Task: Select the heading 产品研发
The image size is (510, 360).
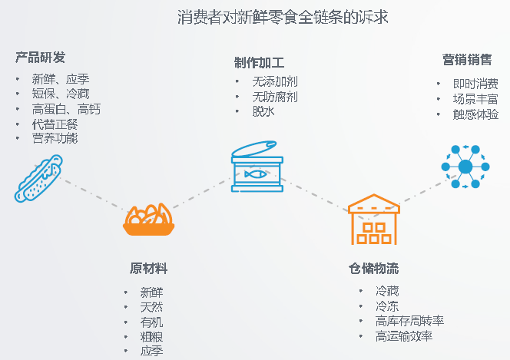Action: click(40, 58)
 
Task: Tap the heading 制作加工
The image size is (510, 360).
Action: click(259, 63)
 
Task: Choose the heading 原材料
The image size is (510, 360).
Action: click(148, 269)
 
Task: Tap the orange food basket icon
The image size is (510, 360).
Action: click(148, 220)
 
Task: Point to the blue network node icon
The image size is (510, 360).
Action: click(465, 167)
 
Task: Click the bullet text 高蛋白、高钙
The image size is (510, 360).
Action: click(66, 109)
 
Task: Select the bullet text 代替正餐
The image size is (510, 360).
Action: click(55, 124)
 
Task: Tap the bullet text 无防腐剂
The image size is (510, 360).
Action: click(275, 97)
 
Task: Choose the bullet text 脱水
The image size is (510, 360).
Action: click(263, 111)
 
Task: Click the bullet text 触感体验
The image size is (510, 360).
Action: click(475, 114)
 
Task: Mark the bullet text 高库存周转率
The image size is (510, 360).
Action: click(409, 321)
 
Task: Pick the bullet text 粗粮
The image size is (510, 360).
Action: click(151, 336)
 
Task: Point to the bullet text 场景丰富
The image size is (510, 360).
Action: click(475, 99)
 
